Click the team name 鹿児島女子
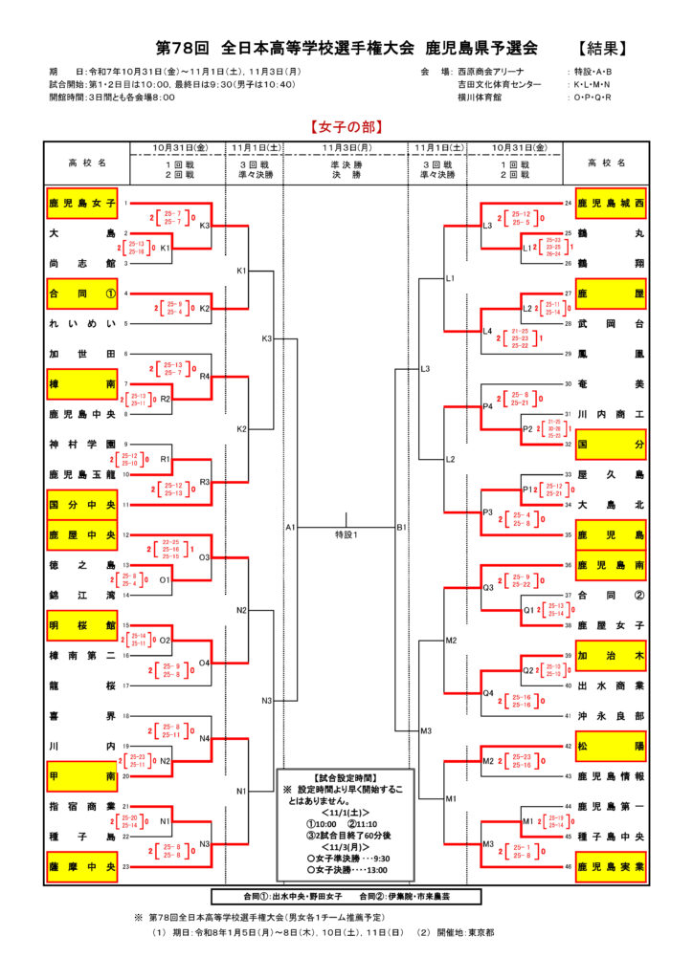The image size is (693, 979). click(x=82, y=204)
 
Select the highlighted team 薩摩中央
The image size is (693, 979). click(x=82, y=867)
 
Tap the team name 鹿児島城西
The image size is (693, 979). click(x=610, y=204)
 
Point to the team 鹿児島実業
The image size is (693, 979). click(x=610, y=867)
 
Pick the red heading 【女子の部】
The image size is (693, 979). click(x=346, y=126)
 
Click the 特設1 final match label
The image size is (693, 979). click(x=346, y=533)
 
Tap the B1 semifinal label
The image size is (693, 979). click(x=402, y=527)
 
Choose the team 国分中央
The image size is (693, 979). click(x=82, y=504)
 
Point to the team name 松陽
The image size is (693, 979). click(x=610, y=746)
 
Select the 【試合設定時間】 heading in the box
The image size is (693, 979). click(x=345, y=778)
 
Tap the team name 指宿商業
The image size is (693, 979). click(x=82, y=806)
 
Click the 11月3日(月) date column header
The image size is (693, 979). click(x=346, y=148)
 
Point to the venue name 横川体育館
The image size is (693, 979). click(x=480, y=97)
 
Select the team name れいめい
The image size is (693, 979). click(x=82, y=324)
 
